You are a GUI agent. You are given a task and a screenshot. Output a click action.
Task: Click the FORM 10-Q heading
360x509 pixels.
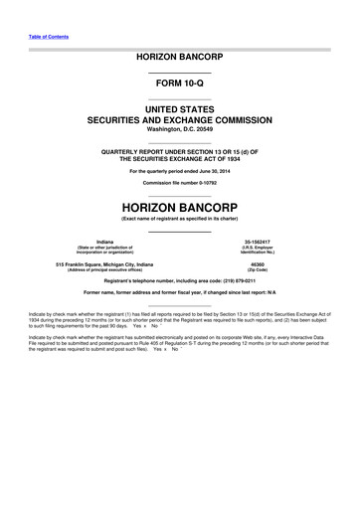[x=179, y=85]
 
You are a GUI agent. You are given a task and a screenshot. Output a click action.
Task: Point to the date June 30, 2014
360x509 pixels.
[x=213, y=170]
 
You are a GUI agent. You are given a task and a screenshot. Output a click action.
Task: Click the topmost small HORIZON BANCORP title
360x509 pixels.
[x=179, y=59]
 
